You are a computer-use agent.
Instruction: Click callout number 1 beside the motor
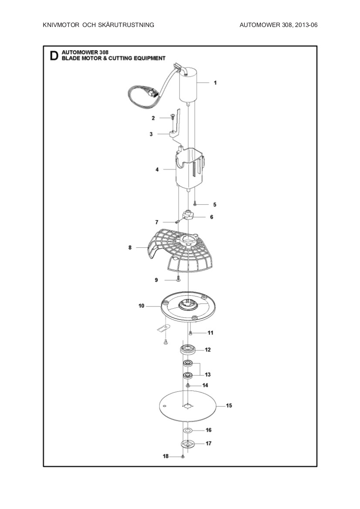coord(215,82)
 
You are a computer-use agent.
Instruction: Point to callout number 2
coord(153,118)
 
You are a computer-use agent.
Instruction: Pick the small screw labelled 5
coord(196,203)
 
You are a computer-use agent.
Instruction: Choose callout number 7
coord(157,222)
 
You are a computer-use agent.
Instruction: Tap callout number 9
coord(156,280)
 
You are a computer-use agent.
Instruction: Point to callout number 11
coord(211,333)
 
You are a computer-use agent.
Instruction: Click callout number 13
coord(208,374)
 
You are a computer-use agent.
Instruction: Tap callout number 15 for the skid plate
coord(229,405)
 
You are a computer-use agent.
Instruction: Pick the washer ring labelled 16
coord(188,430)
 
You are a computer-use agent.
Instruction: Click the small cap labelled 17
coord(187,444)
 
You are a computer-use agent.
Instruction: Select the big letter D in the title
coord(54,56)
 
